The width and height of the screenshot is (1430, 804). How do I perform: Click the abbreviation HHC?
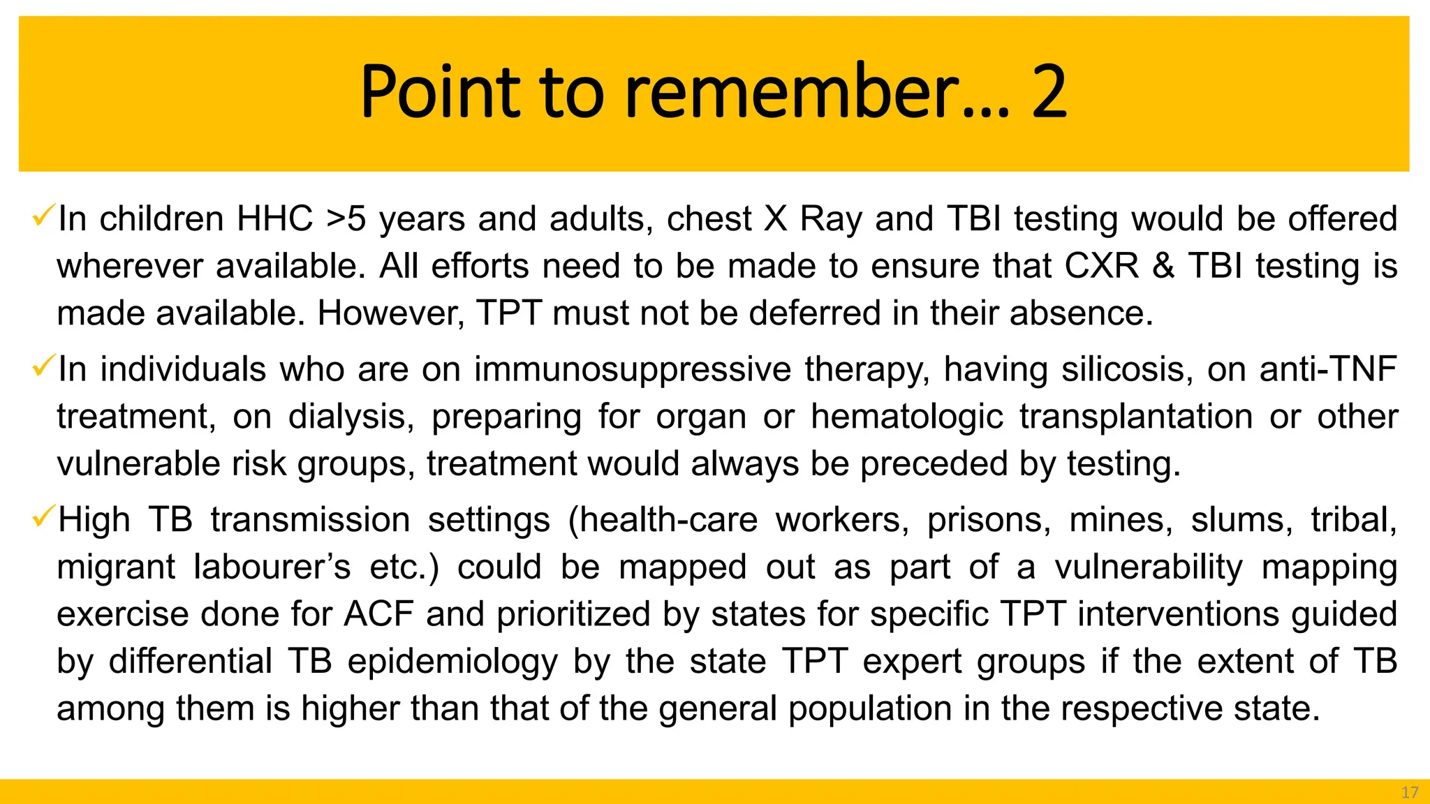tap(274, 218)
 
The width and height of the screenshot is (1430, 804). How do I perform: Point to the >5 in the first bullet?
tap(346, 218)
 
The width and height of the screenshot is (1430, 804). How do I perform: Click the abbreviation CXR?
tap(1101, 266)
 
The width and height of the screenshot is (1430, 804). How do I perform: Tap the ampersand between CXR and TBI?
tap(1163, 266)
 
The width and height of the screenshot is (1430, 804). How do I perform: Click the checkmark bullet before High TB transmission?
tap(43, 518)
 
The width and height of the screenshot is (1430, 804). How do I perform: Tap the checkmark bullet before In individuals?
tap(43, 367)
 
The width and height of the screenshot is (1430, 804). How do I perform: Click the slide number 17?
tap(1410, 792)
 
